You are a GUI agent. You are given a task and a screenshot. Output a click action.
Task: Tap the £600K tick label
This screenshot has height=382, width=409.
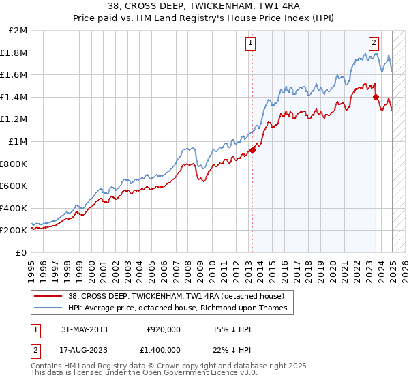click(x=14, y=186)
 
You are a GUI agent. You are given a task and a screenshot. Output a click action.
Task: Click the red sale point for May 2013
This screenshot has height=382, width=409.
click(x=252, y=150)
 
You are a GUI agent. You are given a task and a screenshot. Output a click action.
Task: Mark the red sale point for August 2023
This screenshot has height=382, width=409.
click(x=376, y=98)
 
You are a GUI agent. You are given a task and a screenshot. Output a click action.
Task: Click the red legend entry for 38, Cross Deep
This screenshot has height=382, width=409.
click(x=181, y=296)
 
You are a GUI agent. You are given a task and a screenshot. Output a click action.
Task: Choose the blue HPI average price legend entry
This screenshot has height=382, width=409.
click(x=177, y=308)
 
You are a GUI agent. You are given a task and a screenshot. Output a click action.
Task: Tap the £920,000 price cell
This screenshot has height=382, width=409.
click(x=163, y=329)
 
